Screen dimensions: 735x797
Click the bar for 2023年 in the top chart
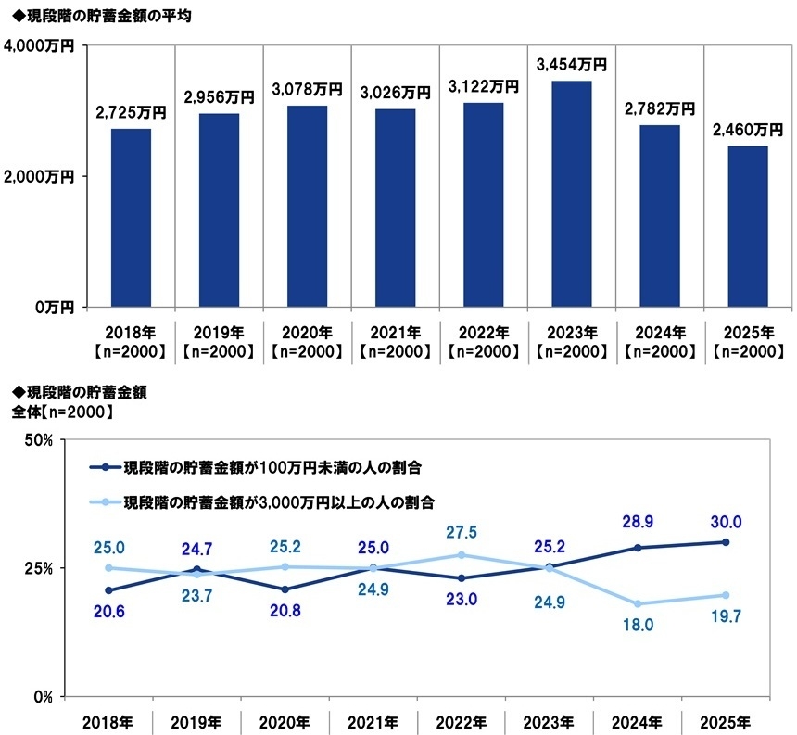coord(571,194)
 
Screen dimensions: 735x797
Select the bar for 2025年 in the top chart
coord(747,226)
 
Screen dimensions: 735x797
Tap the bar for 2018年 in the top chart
coord(131,218)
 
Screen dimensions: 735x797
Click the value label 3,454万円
coord(571,65)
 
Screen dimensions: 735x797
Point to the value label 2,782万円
coord(659,109)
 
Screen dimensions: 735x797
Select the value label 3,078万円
coord(307,90)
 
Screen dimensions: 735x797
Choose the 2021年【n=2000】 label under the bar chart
coord(395,341)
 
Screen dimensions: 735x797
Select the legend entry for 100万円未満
coord(264,466)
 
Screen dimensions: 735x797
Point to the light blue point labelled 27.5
coord(462,555)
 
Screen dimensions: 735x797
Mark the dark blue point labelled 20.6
coord(108,590)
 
